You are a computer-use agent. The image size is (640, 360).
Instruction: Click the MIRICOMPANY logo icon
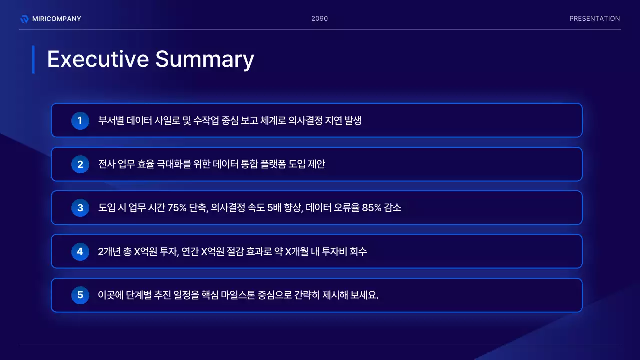coord(24,19)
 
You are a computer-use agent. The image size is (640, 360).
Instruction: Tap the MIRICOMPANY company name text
coord(56,19)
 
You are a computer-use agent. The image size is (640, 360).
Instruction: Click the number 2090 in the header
coord(319,19)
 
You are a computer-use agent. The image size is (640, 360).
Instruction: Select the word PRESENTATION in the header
coord(594,19)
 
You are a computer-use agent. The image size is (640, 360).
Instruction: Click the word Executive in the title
coord(98,59)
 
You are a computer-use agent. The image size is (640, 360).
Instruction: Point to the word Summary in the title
coord(204,59)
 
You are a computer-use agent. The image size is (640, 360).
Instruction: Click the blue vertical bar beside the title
coord(33,59)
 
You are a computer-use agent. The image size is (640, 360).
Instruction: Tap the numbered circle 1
coord(80,120)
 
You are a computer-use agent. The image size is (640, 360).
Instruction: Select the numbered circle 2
coord(80,164)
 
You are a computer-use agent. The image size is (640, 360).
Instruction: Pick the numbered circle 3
coord(80,208)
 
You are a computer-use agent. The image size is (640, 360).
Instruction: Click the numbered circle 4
coord(80,251)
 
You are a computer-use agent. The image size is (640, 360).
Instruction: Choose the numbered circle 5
coord(80,295)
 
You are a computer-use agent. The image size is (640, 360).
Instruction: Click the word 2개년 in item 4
coord(110,251)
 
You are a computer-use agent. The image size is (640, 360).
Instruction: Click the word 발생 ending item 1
coord(353,120)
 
